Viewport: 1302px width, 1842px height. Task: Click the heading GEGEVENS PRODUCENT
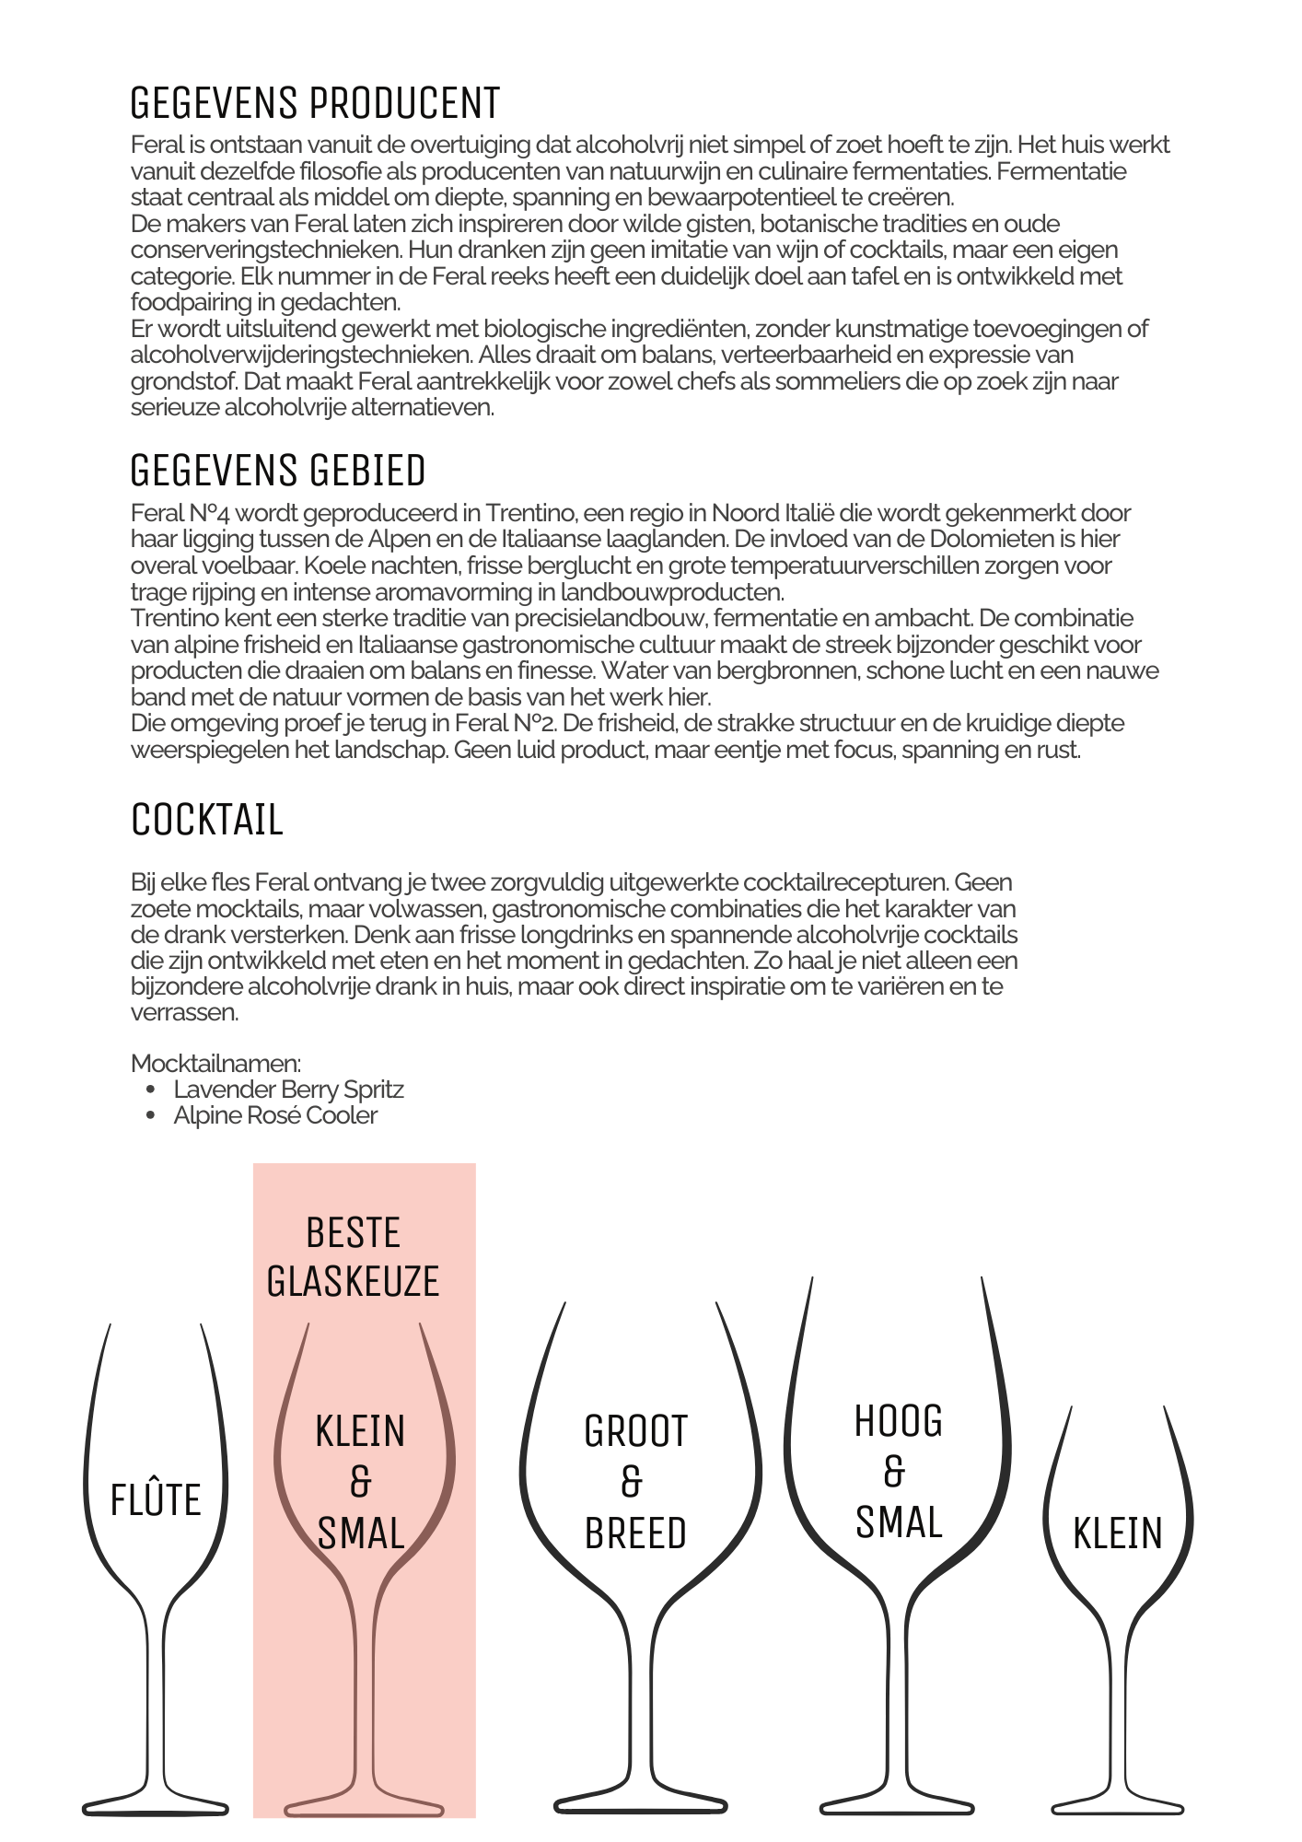pyautogui.click(x=315, y=103)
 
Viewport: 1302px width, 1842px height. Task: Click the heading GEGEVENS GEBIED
pyautogui.click(x=278, y=471)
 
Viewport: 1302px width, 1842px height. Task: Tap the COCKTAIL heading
pyautogui.click(x=207, y=820)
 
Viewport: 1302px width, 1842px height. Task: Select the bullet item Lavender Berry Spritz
pyautogui.click(x=288, y=1090)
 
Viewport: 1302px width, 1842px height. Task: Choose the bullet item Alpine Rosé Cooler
pyautogui.click(x=275, y=1115)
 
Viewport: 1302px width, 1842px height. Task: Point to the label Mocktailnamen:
pyautogui.click(x=216, y=1064)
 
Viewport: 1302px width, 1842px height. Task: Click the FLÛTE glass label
pyautogui.click(x=156, y=1500)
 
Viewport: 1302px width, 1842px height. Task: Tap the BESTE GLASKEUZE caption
pyautogui.click(x=353, y=1257)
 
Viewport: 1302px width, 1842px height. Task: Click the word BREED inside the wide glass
pyautogui.click(x=635, y=1534)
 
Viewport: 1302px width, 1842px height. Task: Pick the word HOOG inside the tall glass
pyautogui.click(x=899, y=1422)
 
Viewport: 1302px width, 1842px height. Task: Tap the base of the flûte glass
pyautogui.click(x=155, y=1807)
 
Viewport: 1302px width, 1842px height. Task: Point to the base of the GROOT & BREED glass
pyautogui.click(x=641, y=1805)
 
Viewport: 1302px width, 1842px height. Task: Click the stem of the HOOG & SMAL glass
pyautogui.click(x=898, y=1704)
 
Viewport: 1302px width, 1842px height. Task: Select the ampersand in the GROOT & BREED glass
pyautogui.click(x=632, y=1483)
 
